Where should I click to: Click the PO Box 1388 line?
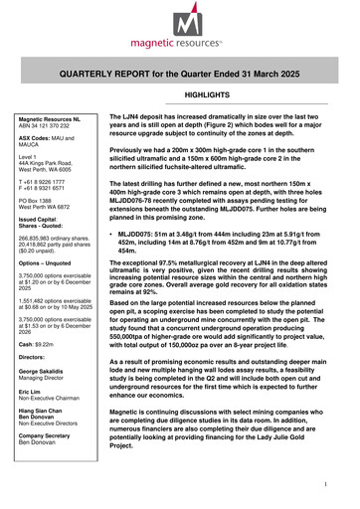click(41, 203)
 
